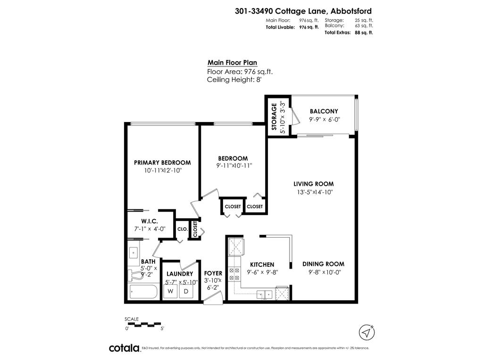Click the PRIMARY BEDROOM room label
(162, 163)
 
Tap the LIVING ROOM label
(313, 184)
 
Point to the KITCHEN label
(262, 265)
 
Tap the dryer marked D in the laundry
(186, 291)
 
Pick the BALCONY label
(324, 111)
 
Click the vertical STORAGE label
(274, 116)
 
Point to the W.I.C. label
(149, 221)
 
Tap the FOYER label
(213, 273)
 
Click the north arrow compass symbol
(366, 332)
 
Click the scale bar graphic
(144, 324)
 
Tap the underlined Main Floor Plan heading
(232, 63)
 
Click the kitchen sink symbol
(264, 295)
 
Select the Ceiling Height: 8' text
(234, 80)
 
